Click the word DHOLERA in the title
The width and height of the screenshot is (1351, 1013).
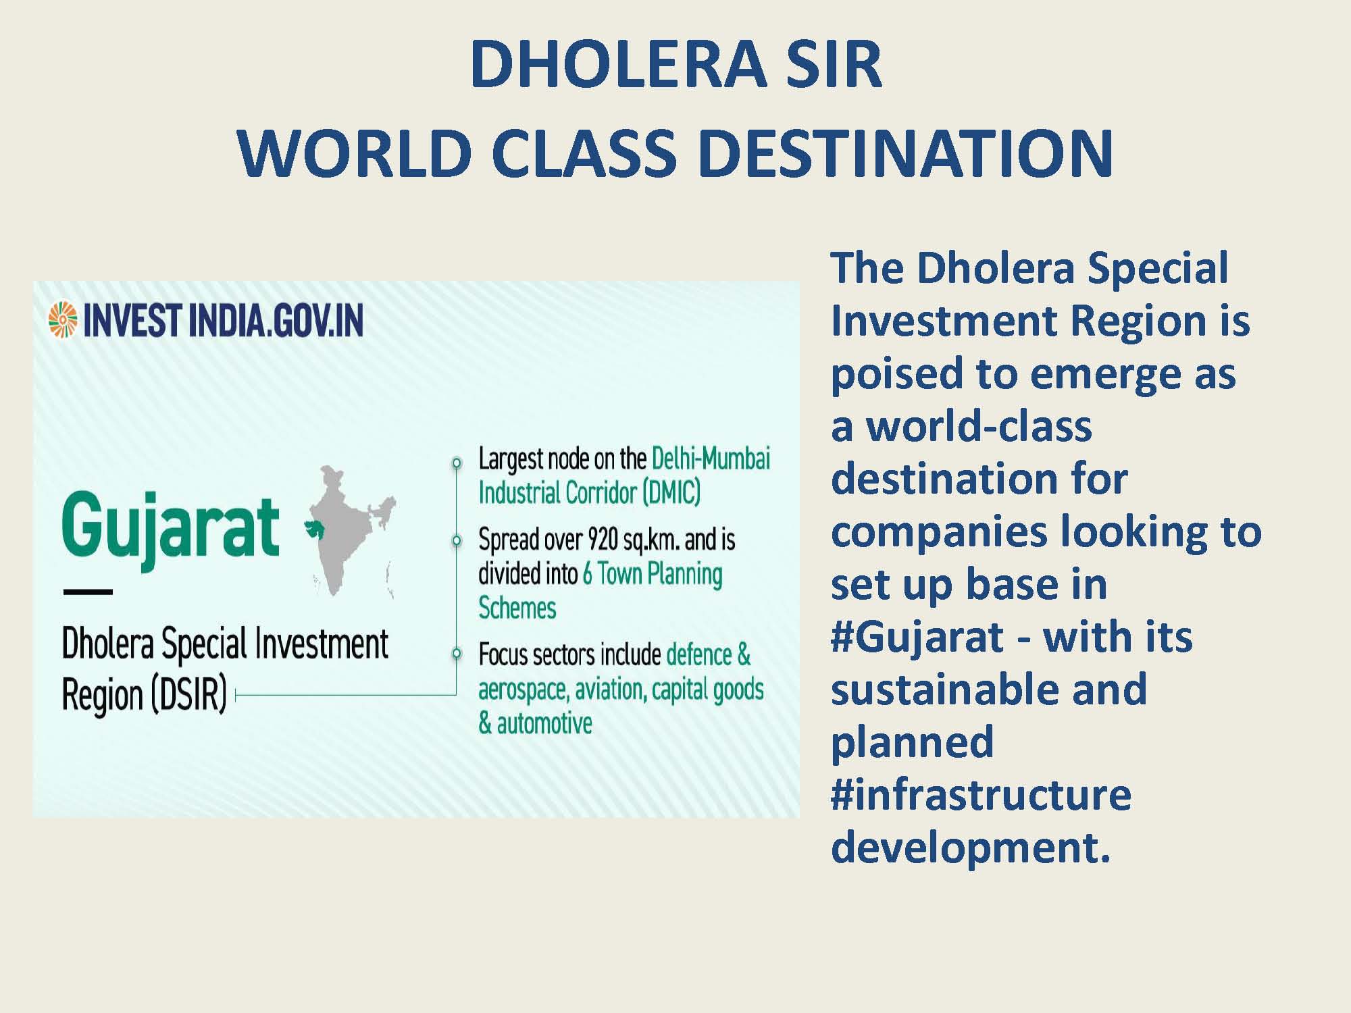pos(618,64)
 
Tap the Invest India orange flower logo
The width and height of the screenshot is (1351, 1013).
pos(63,319)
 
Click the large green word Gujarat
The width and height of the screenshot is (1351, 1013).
pos(170,531)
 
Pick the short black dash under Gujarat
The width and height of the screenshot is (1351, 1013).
pos(88,592)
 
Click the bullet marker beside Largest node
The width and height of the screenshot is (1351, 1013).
pos(457,463)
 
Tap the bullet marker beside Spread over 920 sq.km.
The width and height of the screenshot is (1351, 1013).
pos(457,540)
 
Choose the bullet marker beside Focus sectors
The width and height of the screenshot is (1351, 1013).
pos(457,653)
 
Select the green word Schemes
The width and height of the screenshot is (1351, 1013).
pos(517,608)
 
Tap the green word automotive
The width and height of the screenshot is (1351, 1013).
pos(544,723)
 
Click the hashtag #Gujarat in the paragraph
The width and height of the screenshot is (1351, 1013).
pos(917,637)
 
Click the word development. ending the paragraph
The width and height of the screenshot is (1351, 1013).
pos(971,847)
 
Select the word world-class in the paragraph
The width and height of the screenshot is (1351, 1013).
pos(979,426)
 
